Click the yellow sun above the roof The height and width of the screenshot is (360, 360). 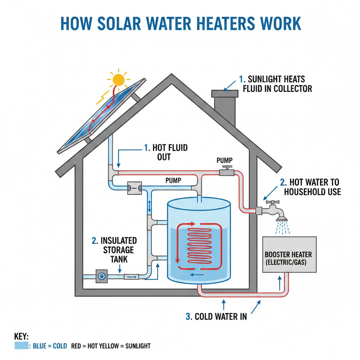tap(119, 79)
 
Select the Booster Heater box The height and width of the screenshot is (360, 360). tap(289, 255)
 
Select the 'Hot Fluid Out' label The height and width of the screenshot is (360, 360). tap(166, 152)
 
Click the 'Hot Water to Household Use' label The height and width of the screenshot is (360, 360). tap(310, 187)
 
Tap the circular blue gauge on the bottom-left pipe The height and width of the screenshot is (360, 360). tap(101, 276)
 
